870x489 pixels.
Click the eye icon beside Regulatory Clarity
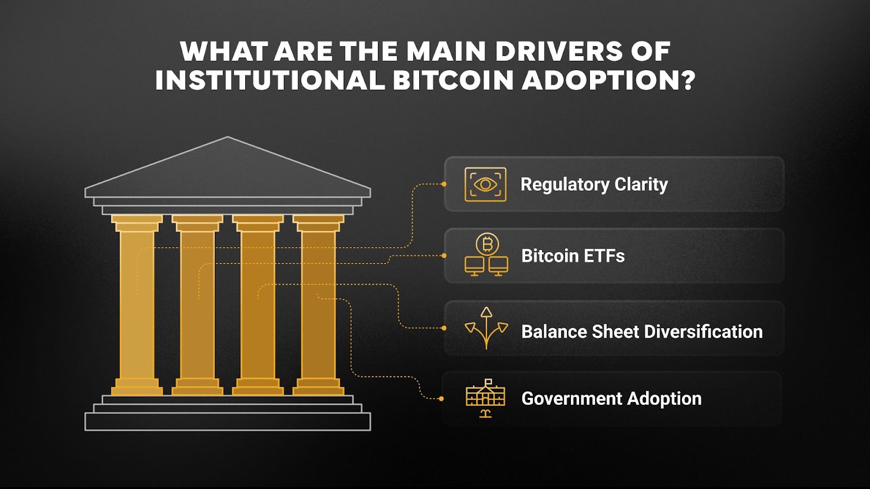(x=486, y=185)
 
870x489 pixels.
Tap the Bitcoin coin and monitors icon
(x=487, y=255)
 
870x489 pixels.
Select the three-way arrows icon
(x=487, y=328)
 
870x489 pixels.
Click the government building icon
(x=486, y=398)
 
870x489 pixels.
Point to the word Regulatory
(x=565, y=185)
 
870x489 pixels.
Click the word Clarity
(x=641, y=185)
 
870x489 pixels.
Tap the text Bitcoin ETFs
(x=573, y=256)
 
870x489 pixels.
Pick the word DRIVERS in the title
(x=559, y=52)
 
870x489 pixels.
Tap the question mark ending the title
(x=688, y=80)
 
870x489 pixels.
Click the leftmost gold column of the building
(x=137, y=304)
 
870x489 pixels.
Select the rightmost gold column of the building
(x=319, y=304)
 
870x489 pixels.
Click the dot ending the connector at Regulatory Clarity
(x=444, y=184)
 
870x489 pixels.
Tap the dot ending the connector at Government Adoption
(x=441, y=399)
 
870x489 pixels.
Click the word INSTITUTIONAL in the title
(x=270, y=80)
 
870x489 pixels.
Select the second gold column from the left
(x=197, y=304)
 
